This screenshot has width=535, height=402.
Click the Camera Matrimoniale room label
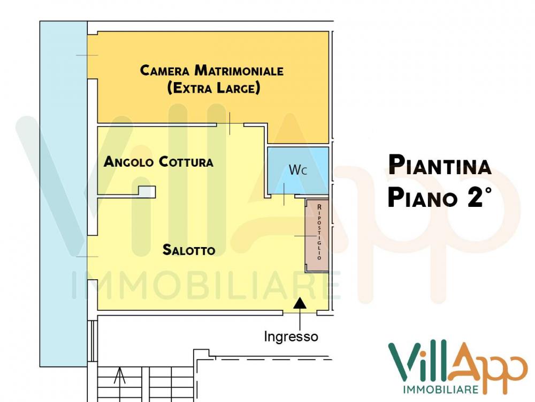coord(211,70)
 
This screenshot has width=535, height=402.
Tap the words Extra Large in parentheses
coord(213,88)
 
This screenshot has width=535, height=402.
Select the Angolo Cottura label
coord(158,161)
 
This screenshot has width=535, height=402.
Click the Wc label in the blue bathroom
coord(298,170)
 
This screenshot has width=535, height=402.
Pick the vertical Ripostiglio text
coord(319,232)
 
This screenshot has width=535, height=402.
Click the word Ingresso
coord(292,337)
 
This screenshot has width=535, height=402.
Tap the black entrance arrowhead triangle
coord(301,303)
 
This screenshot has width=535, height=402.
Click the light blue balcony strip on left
coord(63,193)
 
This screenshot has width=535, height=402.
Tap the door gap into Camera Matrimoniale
coord(231,124)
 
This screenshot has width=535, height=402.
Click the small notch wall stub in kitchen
coord(147,191)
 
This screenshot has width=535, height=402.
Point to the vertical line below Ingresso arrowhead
coord(301,320)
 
